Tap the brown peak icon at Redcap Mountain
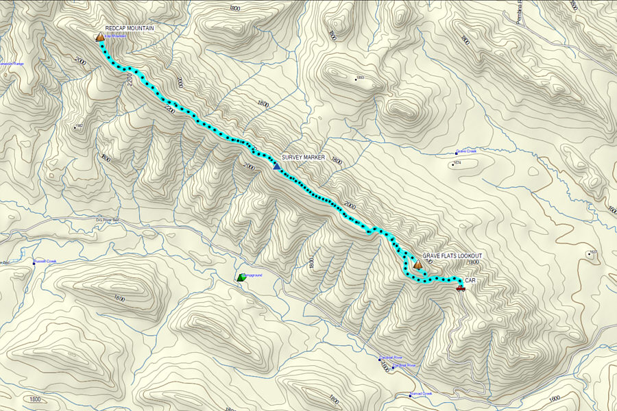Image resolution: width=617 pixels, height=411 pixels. point(100,37)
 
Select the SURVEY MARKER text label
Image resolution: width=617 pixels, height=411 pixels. point(303,158)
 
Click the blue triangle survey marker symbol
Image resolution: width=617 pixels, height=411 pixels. point(276,166)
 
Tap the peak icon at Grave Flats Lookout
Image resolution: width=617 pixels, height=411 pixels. point(418,264)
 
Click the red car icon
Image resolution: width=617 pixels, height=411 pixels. point(461,289)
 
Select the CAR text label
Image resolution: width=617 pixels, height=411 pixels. point(470,281)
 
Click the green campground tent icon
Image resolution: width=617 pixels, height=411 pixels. point(241,277)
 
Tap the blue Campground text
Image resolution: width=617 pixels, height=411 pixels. point(254,275)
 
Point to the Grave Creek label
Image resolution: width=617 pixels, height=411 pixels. point(466,151)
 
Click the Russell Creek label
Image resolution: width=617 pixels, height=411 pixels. point(45,261)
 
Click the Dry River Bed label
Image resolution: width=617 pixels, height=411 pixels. point(107,220)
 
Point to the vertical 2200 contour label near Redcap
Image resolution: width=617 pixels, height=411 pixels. point(130,81)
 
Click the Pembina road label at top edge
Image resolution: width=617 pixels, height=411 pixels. point(520,10)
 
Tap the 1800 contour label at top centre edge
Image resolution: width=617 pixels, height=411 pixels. point(235,8)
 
